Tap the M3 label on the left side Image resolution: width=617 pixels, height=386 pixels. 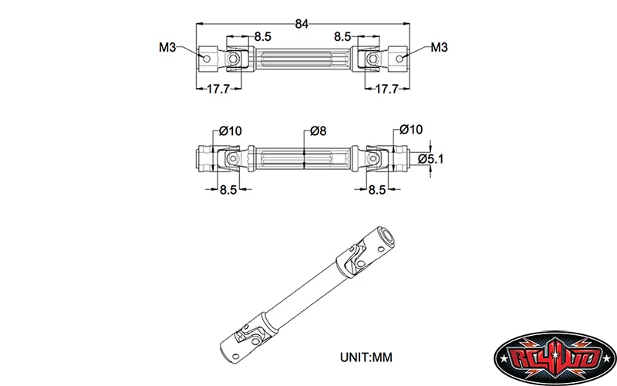pyautogui.click(x=168, y=48)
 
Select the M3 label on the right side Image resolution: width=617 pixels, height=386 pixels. pyautogui.click(x=440, y=48)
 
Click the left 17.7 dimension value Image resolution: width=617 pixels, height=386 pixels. pyautogui.click(x=217, y=90)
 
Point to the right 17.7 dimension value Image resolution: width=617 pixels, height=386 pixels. pyautogui.click(x=386, y=90)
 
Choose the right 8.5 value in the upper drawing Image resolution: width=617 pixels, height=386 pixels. pyautogui.click(x=344, y=36)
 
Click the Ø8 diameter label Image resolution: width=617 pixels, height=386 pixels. pyautogui.click(x=316, y=131)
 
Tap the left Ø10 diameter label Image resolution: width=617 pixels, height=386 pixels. pyautogui.click(x=230, y=131)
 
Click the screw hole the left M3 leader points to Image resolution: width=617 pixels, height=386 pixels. pyautogui.click(x=206, y=56)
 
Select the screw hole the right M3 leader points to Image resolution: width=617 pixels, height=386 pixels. pyautogui.click(x=399, y=56)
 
